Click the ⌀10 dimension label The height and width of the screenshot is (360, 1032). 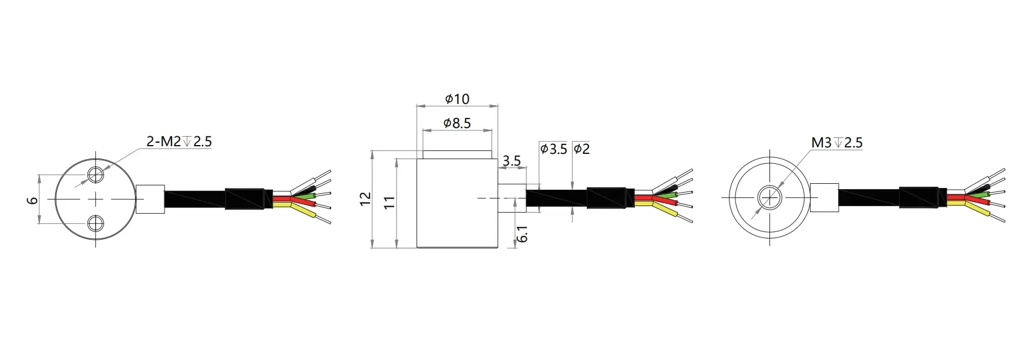[457, 99]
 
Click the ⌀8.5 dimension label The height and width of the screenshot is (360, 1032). [457, 123]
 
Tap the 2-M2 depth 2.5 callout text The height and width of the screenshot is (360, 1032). [179, 142]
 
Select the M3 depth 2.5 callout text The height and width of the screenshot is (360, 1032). [836, 143]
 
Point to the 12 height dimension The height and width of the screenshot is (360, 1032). [365, 198]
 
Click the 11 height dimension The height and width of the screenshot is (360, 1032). [389, 203]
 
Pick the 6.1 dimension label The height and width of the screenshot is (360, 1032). [522, 234]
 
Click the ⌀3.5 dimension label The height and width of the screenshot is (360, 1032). [553, 149]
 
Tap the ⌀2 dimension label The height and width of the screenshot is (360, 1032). [581, 149]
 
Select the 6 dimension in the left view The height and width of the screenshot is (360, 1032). [33, 200]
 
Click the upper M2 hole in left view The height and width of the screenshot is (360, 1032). [96, 174]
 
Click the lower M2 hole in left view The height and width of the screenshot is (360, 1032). [96, 223]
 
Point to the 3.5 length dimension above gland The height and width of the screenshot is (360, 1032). [512, 161]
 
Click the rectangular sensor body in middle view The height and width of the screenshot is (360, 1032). [457, 203]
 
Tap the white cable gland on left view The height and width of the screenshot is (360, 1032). [150, 198]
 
